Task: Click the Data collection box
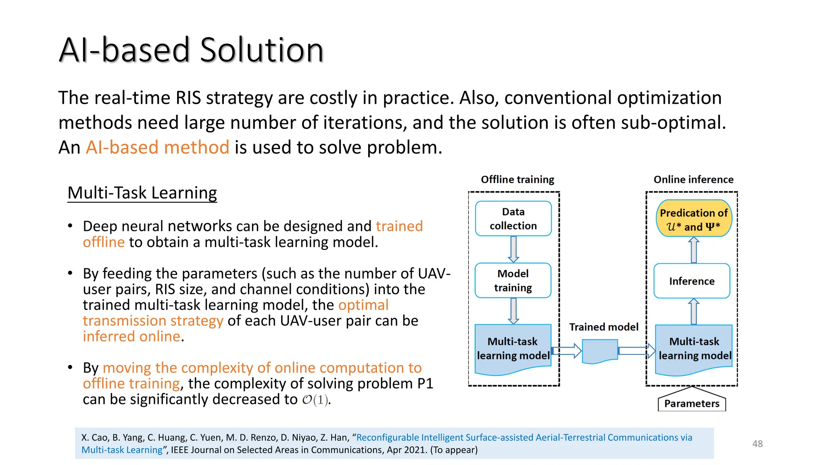coord(513,218)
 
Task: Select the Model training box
coord(513,280)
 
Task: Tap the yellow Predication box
coord(694,218)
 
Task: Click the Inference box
coord(692,281)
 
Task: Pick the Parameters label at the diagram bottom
coord(692,403)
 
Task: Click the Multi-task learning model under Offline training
coord(513,348)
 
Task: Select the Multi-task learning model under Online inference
coord(694,348)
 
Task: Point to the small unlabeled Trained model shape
coord(600,350)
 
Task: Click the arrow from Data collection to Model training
coord(513,249)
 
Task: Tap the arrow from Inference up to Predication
coord(694,250)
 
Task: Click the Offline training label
coord(517,179)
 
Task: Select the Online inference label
coord(693,179)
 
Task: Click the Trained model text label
coord(604,327)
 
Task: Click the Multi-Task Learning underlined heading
coord(142,193)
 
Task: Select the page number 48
coord(757,444)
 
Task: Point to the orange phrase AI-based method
coord(157,147)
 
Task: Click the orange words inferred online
coord(131,336)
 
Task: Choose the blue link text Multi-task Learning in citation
coord(122,450)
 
